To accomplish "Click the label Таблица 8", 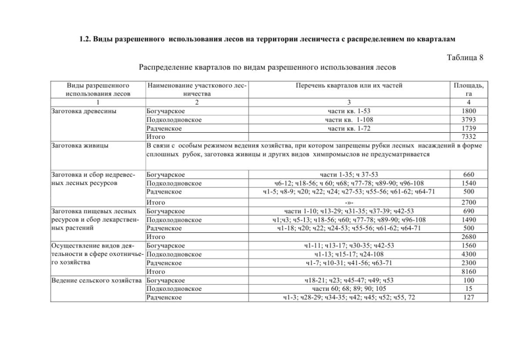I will point(465,57).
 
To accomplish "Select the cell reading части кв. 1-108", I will point(349,120).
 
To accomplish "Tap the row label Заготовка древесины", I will point(84,111).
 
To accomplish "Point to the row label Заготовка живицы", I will point(80,145).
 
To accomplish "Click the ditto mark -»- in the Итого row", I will point(349,202).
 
